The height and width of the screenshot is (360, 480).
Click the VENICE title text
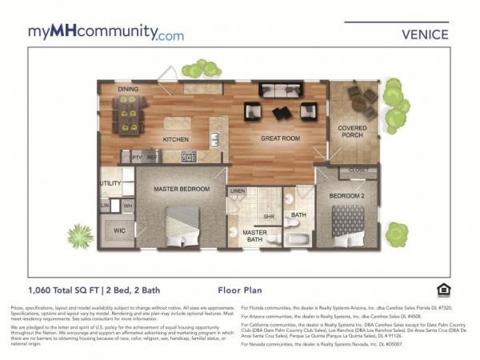point(424,34)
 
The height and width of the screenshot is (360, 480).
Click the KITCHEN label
point(175,139)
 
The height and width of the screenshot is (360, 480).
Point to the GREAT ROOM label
point(280,139)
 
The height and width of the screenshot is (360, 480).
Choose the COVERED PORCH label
point(352,132)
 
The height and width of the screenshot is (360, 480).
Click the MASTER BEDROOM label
point(183,189)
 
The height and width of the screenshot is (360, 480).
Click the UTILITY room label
point(110,183)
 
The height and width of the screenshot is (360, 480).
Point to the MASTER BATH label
point(255,236)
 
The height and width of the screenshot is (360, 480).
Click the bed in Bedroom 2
point(347,222)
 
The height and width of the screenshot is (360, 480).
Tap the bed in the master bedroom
point(183,224)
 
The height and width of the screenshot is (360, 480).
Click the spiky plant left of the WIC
point(80,235)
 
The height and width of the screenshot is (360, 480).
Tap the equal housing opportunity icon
point(442,290)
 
